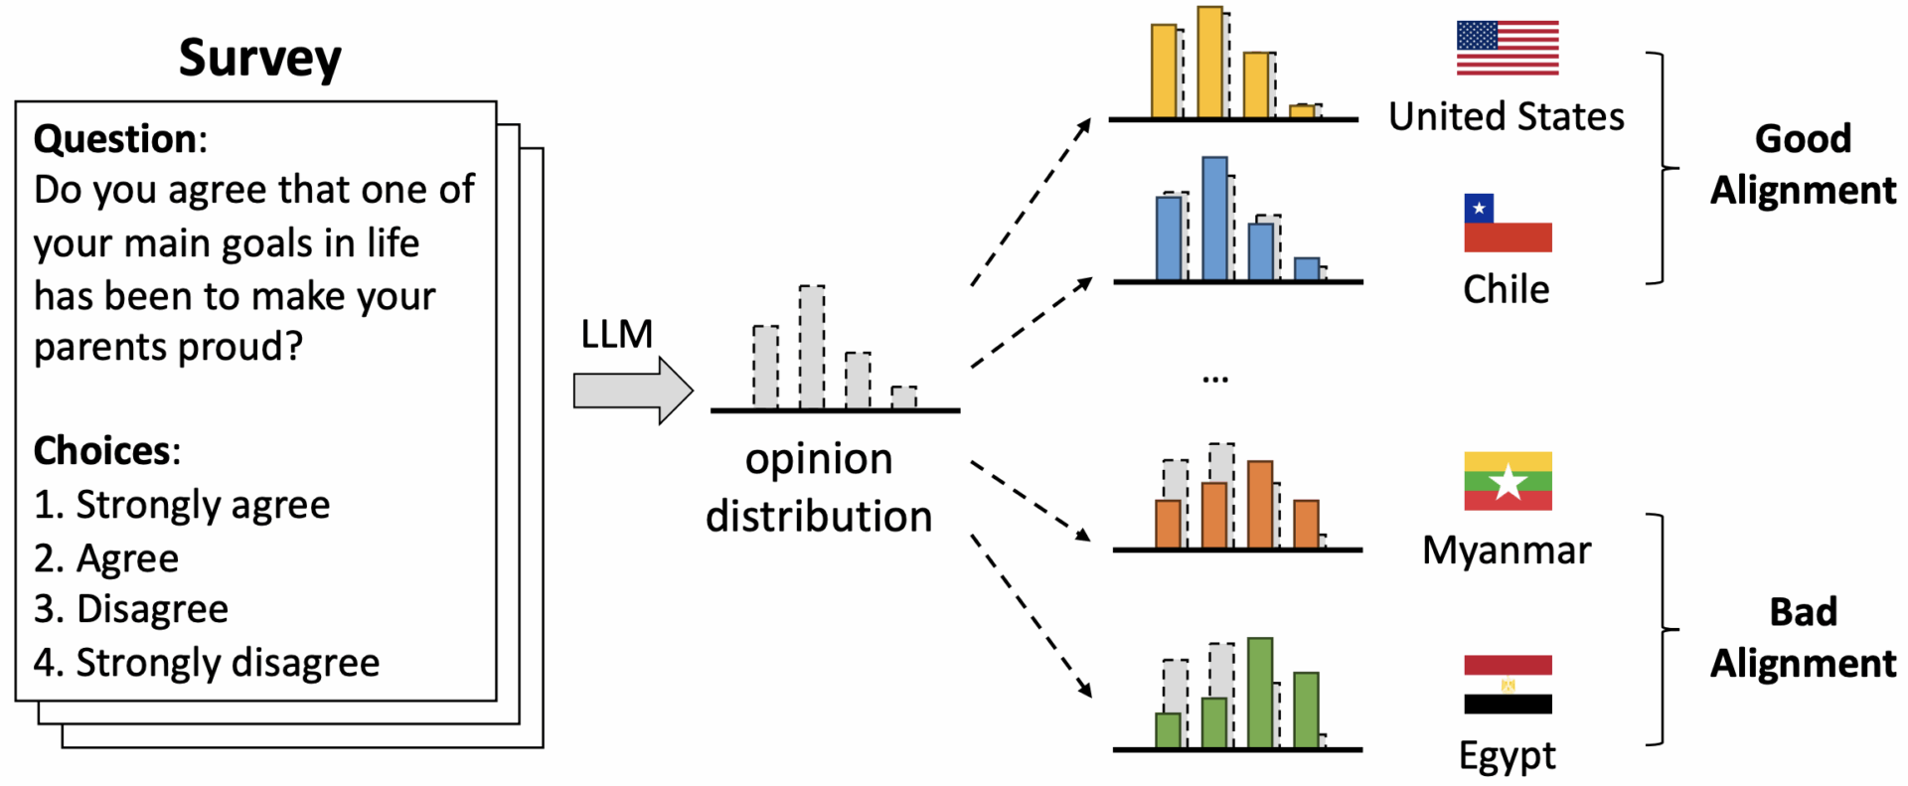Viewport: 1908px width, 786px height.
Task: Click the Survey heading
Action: pos(259,58)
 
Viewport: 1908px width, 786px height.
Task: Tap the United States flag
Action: pos(1507,48)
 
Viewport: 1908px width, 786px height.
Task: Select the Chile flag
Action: pos(1507,223)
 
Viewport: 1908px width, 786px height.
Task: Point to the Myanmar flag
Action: pos(1507,481)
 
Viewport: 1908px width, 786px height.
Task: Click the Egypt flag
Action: pos(1507,684)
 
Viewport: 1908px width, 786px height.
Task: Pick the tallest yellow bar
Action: pos(1209,63)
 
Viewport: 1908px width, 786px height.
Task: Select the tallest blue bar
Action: pos(1214,219)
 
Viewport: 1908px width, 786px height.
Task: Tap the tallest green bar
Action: pos(1260,693)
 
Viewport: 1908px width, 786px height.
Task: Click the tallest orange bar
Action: pos(1260,505)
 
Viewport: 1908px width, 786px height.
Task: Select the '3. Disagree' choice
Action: pos(131,609)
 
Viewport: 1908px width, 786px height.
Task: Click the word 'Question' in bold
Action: pos(115,139)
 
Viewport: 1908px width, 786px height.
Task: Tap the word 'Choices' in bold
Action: pos(102,451)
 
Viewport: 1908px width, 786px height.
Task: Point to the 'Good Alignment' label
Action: pos(1803,164)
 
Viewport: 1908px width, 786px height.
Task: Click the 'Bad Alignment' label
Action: pos(1803,637)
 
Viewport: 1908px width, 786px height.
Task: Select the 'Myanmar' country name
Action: pos(1507,550)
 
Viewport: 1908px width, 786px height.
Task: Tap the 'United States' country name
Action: pos(1507,117)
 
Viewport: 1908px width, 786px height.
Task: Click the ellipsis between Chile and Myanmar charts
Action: pos(1214,379)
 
